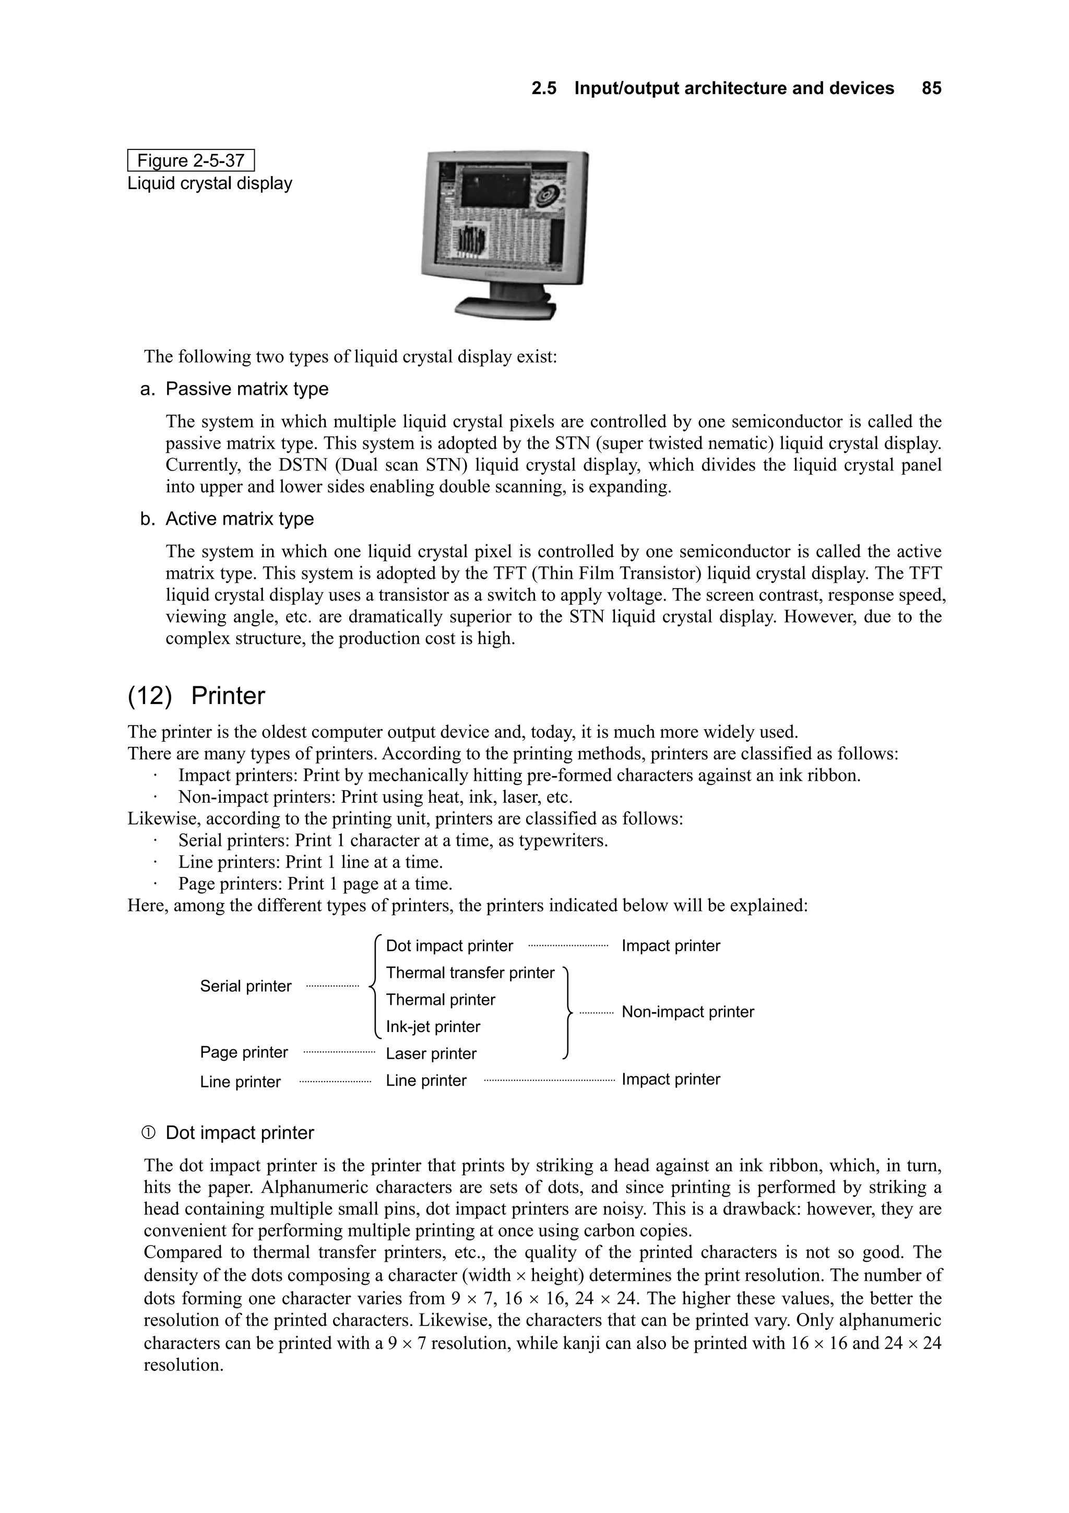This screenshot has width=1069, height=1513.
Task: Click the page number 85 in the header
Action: pyautogui.click(x=931, y=88)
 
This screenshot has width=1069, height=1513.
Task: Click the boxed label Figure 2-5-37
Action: pyautogui.click(x=191, y=161)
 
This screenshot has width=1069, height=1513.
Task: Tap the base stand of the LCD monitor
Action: pyautogui.click(x=506, y=307)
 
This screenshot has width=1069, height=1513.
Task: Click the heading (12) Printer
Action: pyautogui.click(x=196, y=696)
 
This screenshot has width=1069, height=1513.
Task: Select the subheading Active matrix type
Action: pyautogui.click(x=239, y=519)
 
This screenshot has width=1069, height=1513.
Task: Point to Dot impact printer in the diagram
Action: pyautogui.click(x=449, y=946)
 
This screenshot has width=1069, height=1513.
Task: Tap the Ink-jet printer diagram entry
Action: pyautogui.click(x=433, y=1026)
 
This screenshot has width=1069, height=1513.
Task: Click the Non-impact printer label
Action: pyautogui.click(x=687, y=1012)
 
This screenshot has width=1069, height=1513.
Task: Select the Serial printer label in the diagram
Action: pyautogui.click(x=246, y=986)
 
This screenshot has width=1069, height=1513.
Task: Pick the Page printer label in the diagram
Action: pyautogui.click(x=244, y=1052)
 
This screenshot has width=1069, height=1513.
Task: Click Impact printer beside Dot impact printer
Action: pyautogui.click(x=671, y=946)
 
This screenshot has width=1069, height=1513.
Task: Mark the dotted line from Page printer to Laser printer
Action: pyautogui.click(x=339, y=1053)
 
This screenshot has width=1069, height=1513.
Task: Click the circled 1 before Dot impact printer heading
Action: pyautogui.click(x=148, y=1133)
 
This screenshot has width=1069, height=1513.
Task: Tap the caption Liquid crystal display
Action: pyautogui.click(x=209, y=183)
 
